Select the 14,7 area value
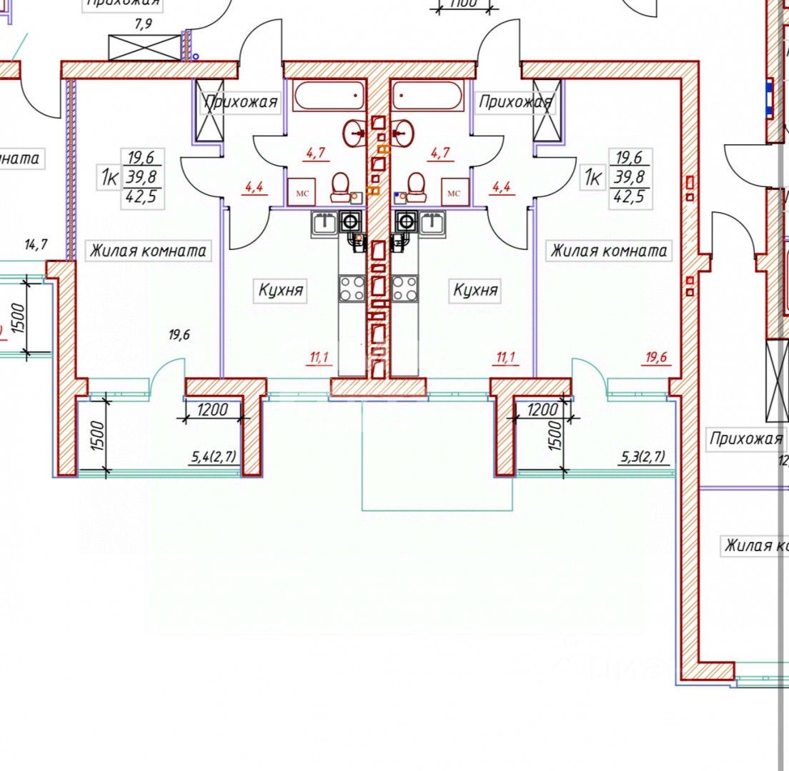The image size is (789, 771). [x=35, y=245]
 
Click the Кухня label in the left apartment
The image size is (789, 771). [x=281, y=291]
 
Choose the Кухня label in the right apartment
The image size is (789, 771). [x=475, y=291]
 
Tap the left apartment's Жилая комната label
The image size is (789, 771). [x=148, y=251]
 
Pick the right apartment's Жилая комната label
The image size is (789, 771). [x=608, y=251]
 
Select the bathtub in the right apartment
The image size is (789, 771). [x=428, y=96]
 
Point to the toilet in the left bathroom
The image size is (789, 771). [x=341, y=187]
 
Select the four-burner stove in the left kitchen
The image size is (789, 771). [x=352, y=288]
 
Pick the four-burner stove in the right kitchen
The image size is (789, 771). [x=405, y=288]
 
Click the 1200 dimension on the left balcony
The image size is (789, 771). [x=212, y=410]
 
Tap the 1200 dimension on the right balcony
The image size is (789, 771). [x=542, y=410]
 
